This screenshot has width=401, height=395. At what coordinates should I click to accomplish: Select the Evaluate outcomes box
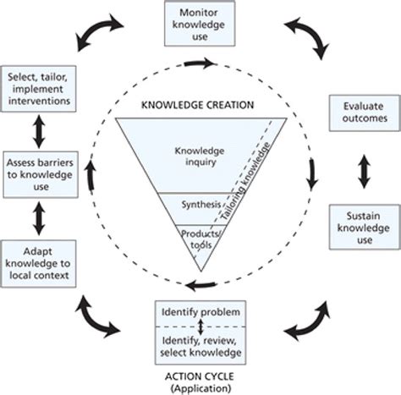[x=360, y=113]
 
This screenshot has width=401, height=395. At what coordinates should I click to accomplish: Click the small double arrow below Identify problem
[x=200, y=326]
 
